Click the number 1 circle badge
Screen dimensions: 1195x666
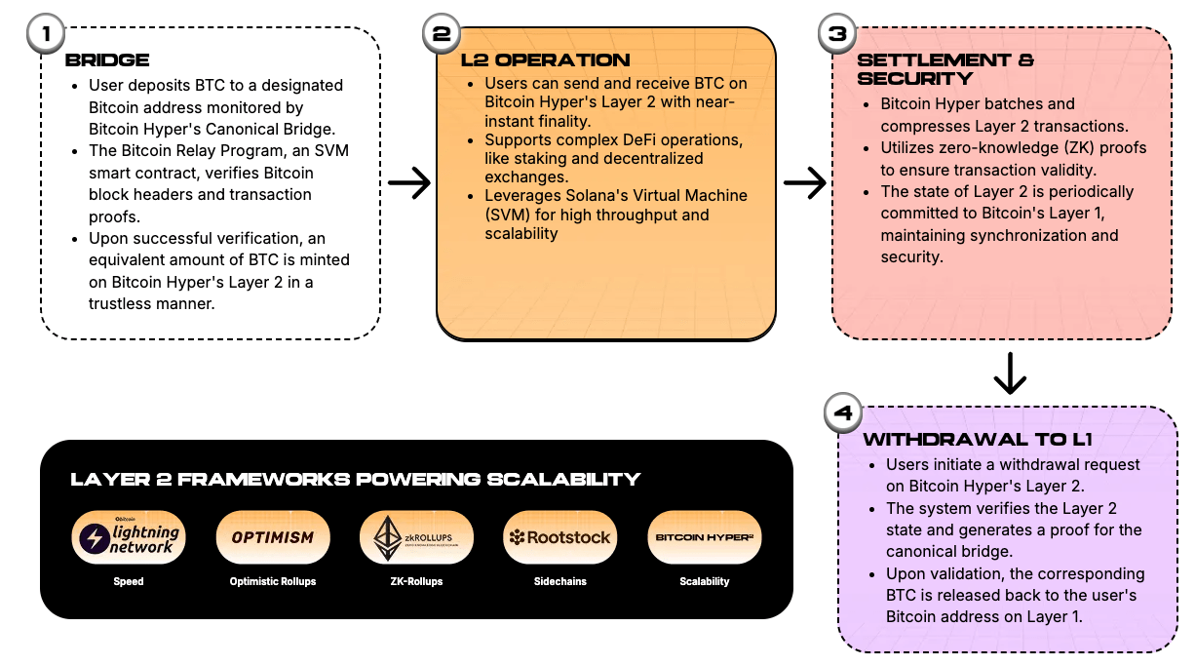tap(46, 33)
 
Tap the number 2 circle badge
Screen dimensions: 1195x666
tap(442, 33)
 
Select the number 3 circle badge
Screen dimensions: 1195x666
tap(837, 33)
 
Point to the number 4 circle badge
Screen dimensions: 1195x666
tap(843, 412)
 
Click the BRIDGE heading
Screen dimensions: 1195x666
tap(107, 59)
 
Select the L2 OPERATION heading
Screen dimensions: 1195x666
tap(545, 59)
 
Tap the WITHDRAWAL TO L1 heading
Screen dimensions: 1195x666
tap(978, 439)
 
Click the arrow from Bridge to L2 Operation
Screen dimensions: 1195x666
tap(409, 183)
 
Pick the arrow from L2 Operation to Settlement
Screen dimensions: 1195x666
tap(805, 183)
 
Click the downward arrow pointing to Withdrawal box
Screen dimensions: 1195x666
tap(1010, 373)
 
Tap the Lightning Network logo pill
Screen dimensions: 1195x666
tap(129, 537)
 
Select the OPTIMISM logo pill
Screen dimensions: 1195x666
tap(273, 537)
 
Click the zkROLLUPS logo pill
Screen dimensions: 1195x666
tap(416, 537)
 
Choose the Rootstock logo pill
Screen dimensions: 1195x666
tap(560, 537)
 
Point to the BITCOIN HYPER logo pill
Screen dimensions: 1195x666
tap(704, 537)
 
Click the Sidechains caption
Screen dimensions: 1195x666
tap(560, 581)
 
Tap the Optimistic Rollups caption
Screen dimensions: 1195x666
tap(273, 581)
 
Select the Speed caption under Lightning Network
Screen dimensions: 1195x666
tap(129, 581)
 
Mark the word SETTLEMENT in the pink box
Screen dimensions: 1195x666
tap(934, 59)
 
